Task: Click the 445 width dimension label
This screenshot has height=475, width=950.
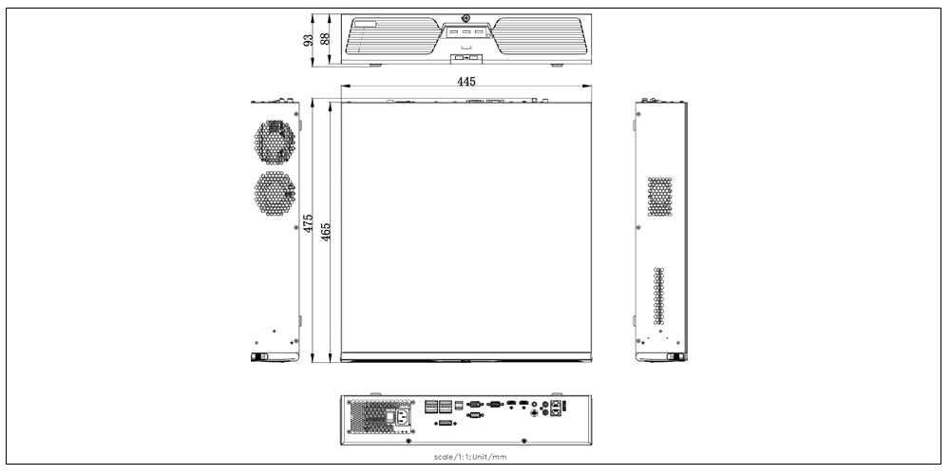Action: coord(465,81)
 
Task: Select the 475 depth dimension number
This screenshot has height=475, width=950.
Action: coord(309,223)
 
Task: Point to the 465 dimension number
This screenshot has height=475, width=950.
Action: coord(326,232)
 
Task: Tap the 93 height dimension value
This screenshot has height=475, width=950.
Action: coord(309,40)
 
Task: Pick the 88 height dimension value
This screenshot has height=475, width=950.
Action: coord(325,39)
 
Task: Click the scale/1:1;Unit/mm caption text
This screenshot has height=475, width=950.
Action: coord(470,457)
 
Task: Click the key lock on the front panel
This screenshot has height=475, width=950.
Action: coord(465,19)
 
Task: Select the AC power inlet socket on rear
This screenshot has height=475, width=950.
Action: coord(402,417)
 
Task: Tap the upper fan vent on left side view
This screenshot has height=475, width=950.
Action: coord(275,142)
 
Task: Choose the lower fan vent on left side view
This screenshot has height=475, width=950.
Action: coord(275,193)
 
